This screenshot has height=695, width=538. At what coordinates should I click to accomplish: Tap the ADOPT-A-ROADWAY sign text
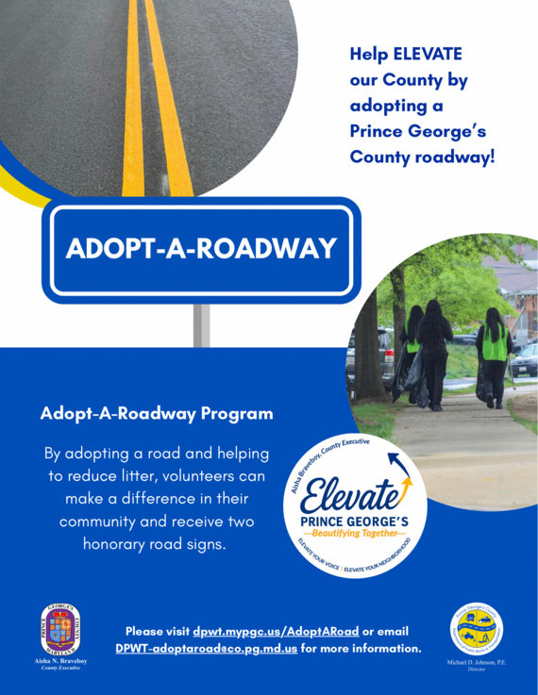click(x=201, y=248)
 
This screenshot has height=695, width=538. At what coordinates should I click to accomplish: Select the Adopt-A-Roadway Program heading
click(x=157, y=414)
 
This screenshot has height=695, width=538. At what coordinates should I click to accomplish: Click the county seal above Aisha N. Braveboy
click(x=60, y=630)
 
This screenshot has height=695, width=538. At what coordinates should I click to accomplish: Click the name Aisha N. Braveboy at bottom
click(x=60, y=663)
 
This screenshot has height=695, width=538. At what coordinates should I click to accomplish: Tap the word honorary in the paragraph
click(x=122, y=544)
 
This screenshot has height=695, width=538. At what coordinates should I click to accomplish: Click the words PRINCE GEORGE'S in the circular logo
click(x=354, y=520)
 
